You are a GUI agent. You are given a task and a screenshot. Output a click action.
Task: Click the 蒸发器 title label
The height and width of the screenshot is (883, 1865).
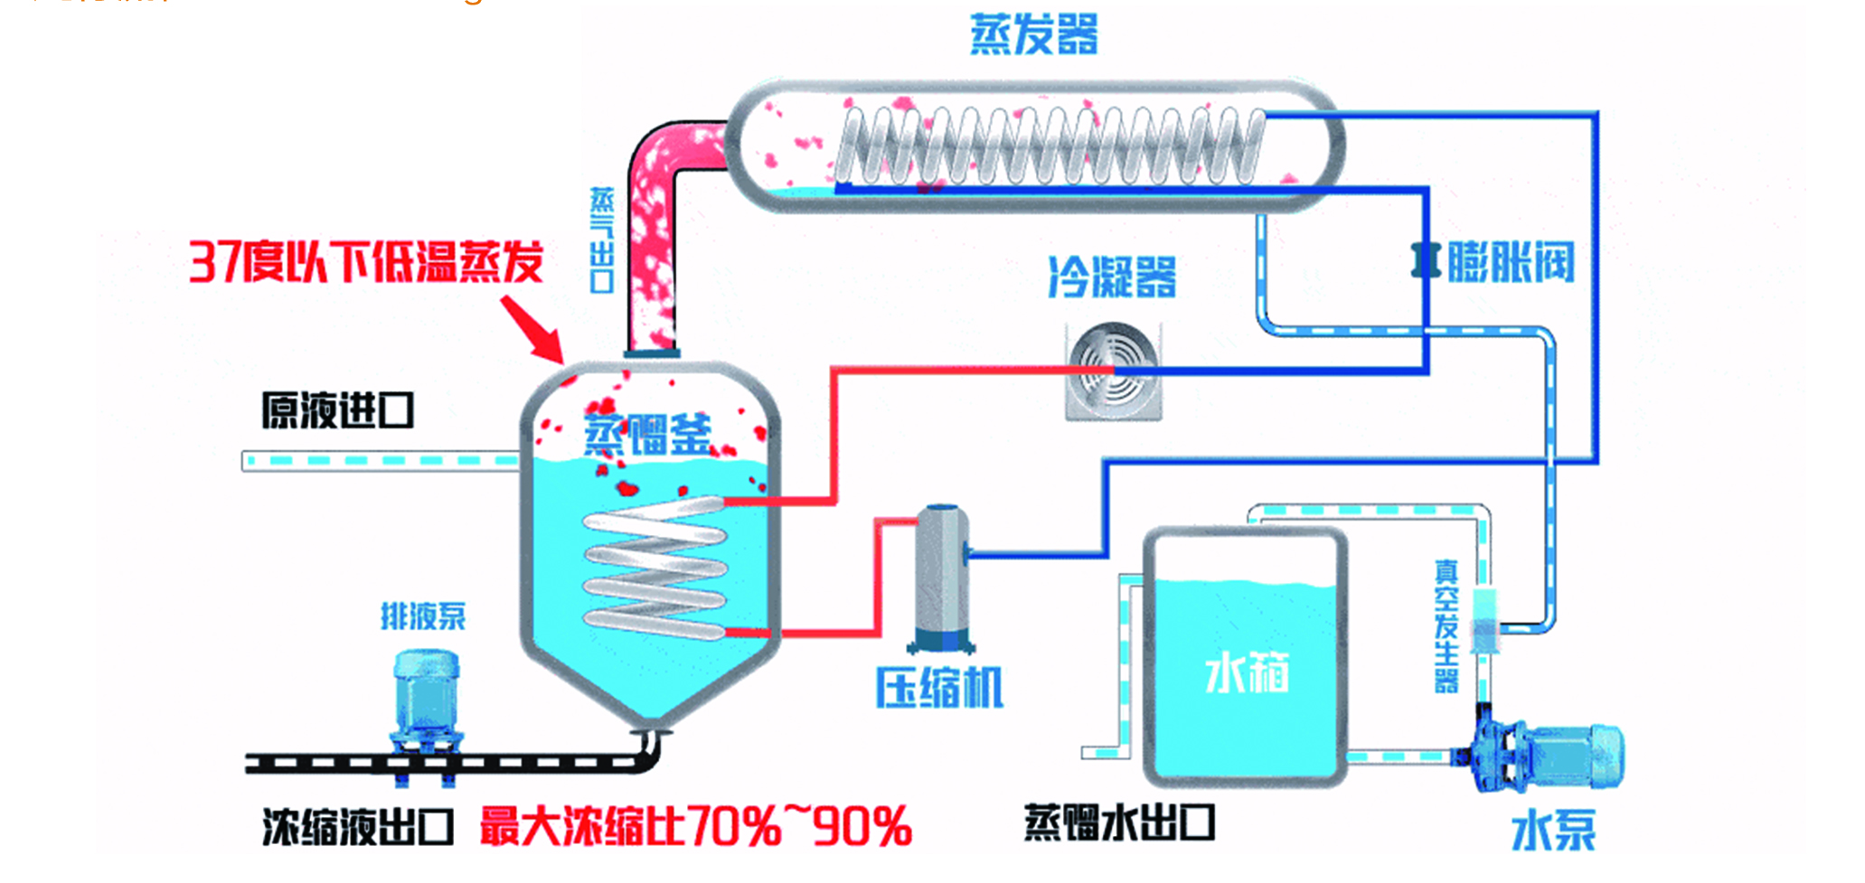point(1033,34)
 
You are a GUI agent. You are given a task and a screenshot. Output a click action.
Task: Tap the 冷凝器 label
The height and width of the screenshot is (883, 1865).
point(1112,277)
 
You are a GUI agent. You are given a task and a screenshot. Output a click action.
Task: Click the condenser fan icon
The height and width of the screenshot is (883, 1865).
point(1113,371)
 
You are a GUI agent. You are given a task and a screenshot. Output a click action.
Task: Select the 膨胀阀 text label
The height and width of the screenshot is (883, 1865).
point(1511,262)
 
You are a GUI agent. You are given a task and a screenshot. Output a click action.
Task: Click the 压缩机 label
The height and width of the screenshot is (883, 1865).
point(938,688)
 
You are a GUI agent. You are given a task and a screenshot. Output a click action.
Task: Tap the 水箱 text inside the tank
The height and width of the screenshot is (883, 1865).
point(1247,673)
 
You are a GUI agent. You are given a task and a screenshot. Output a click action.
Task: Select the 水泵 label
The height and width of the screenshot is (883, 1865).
point(1553,831)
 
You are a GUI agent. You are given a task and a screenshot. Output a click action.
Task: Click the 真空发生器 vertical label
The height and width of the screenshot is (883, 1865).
point(1446,625)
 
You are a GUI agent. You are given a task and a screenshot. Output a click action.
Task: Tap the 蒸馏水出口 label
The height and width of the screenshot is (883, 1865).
point(1118,822)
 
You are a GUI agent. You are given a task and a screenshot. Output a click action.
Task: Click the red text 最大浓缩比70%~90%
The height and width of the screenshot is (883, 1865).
point(695,826)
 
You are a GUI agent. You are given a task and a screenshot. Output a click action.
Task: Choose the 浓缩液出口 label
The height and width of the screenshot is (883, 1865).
point(357,826)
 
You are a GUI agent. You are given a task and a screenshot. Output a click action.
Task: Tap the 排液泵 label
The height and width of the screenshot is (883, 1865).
point(422,616)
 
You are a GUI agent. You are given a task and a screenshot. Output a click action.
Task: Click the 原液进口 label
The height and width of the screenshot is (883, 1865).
point(337,410)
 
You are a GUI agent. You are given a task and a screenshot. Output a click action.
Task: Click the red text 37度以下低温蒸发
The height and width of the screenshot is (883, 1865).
point(365,262)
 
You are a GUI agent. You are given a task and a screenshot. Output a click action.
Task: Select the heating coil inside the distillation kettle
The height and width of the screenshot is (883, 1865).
point(655,569)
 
